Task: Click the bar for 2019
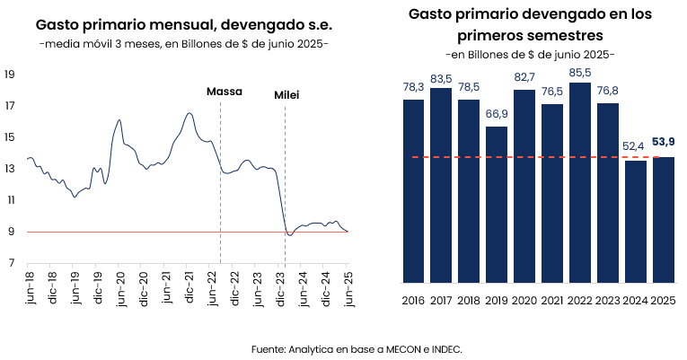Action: click(x=496, y=204)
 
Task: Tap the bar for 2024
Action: click(x=636, y=220)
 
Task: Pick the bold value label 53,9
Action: click(x=664, y=142)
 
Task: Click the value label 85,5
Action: click(x=580, y=71)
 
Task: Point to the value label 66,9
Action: click(x=497, y=114)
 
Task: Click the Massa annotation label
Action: click(x=225, y=92)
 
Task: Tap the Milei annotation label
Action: click(x=286, y=94)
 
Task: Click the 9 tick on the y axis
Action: click(x=11, y=232)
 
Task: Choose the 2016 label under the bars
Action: click(x=413, y=300)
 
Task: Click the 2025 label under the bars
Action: click(x=664, y=300)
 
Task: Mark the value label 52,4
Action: click(x=636, y=147)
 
